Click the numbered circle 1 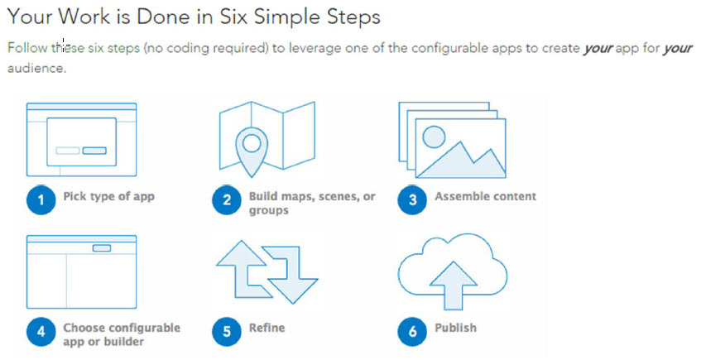(41, 199)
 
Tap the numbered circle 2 (227, 199)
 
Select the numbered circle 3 (412, 199)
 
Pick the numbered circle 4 (41, 332)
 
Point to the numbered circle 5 (227, 332)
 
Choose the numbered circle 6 (412, 332)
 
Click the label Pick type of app (109, 197)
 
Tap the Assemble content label (485, 196)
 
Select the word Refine (267, 328)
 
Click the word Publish (456, 328)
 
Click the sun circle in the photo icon (434, 137)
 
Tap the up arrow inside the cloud (453, 286)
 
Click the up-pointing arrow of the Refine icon (244, 269)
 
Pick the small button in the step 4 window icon (102, 248)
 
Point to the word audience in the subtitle (37, 69)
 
